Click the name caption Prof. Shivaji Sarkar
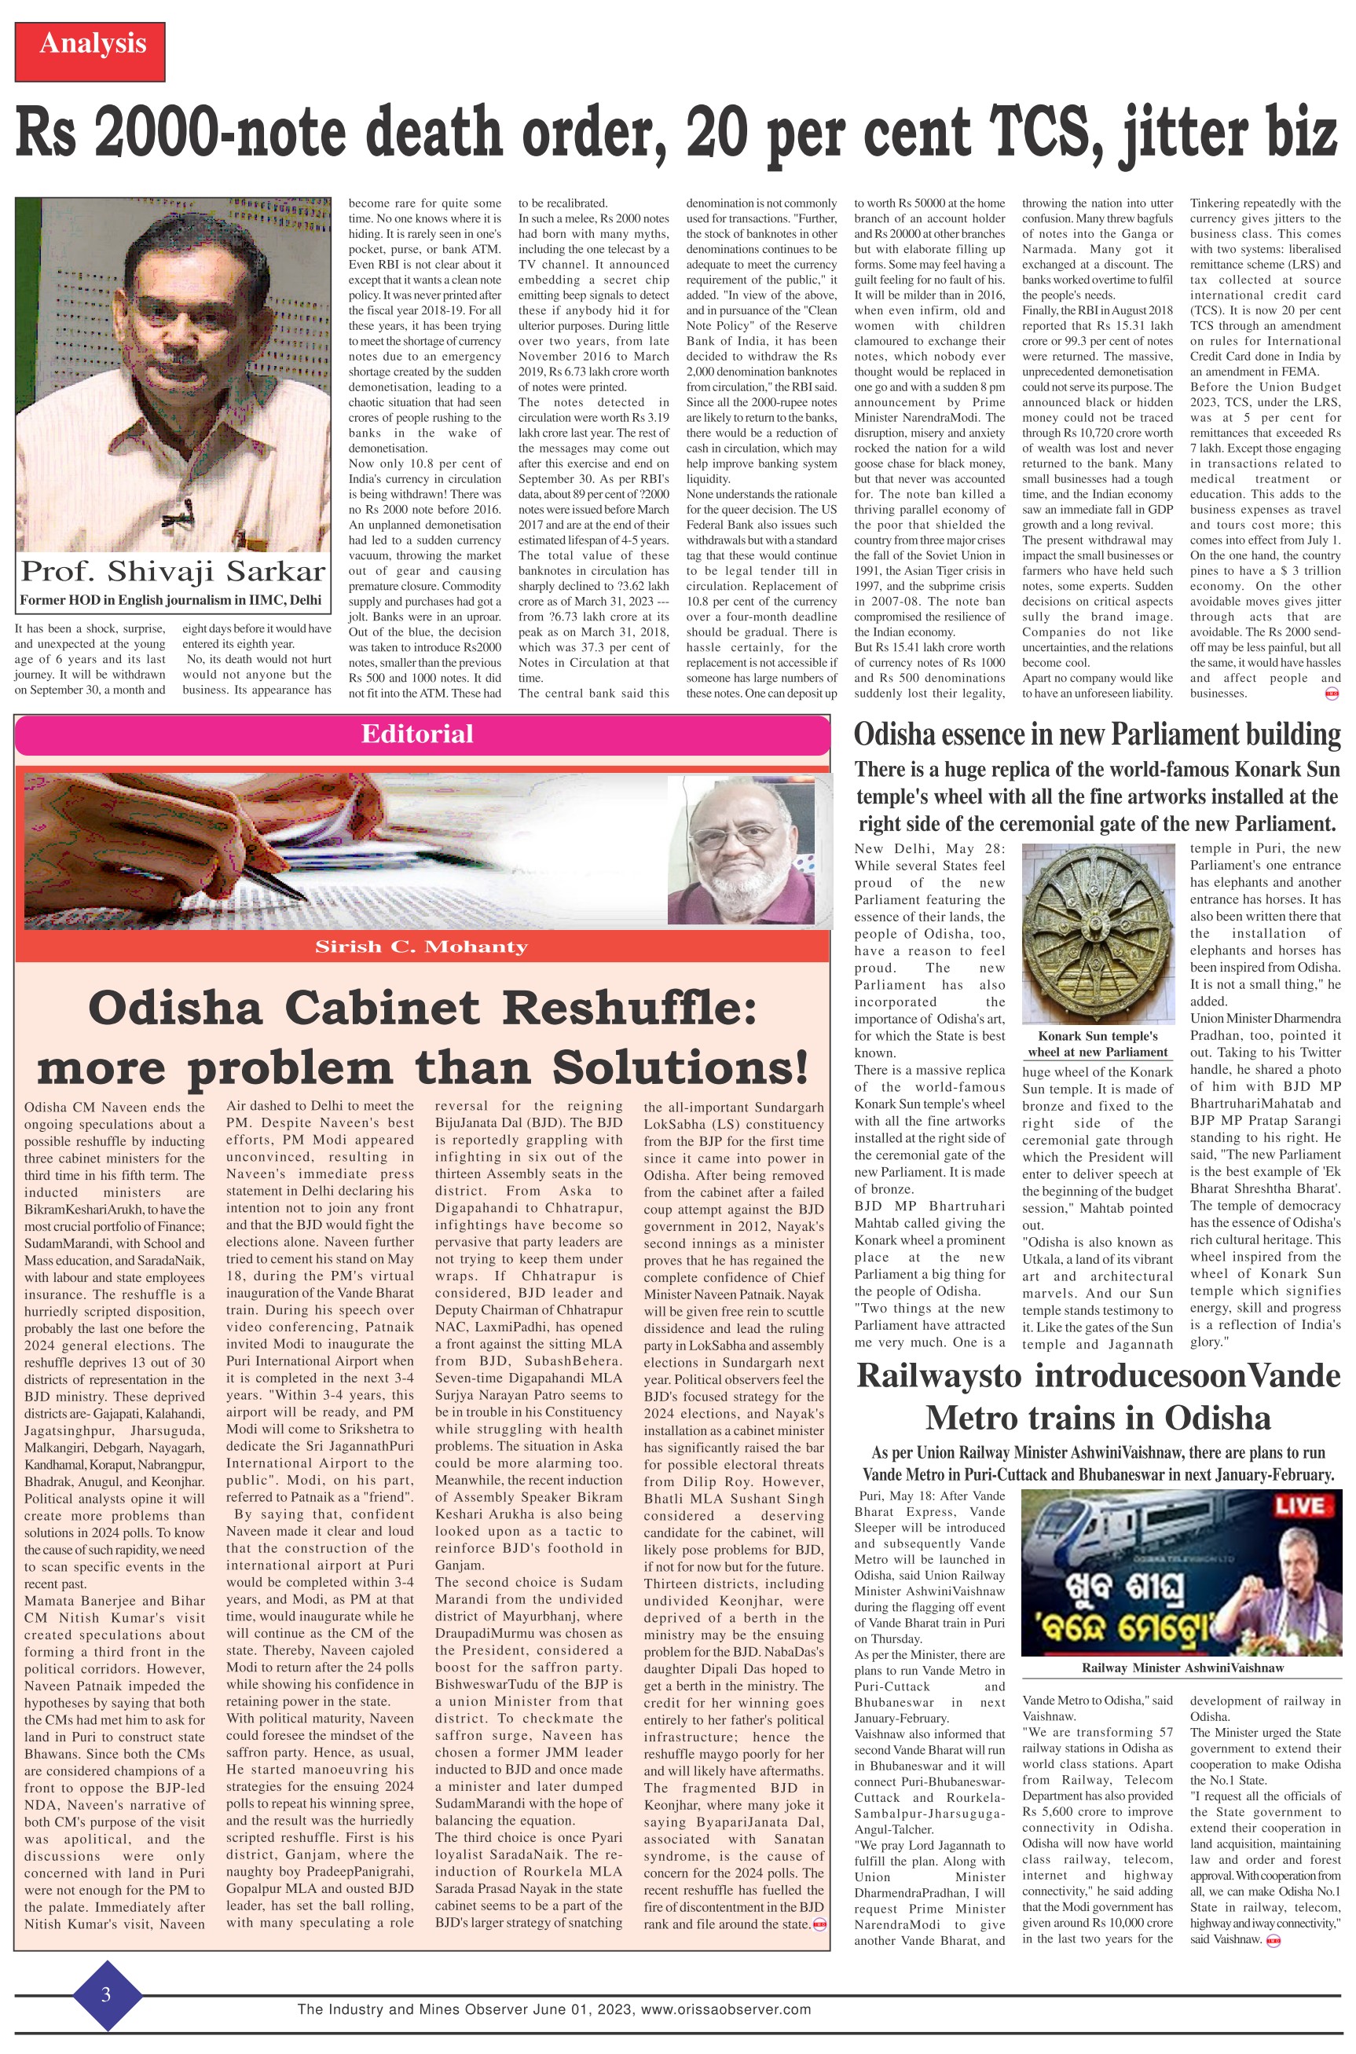173,571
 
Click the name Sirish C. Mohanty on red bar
421,946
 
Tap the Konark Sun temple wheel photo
1098,934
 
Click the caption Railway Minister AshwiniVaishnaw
1182,1667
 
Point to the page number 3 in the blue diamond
106,1994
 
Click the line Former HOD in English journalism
171,600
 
